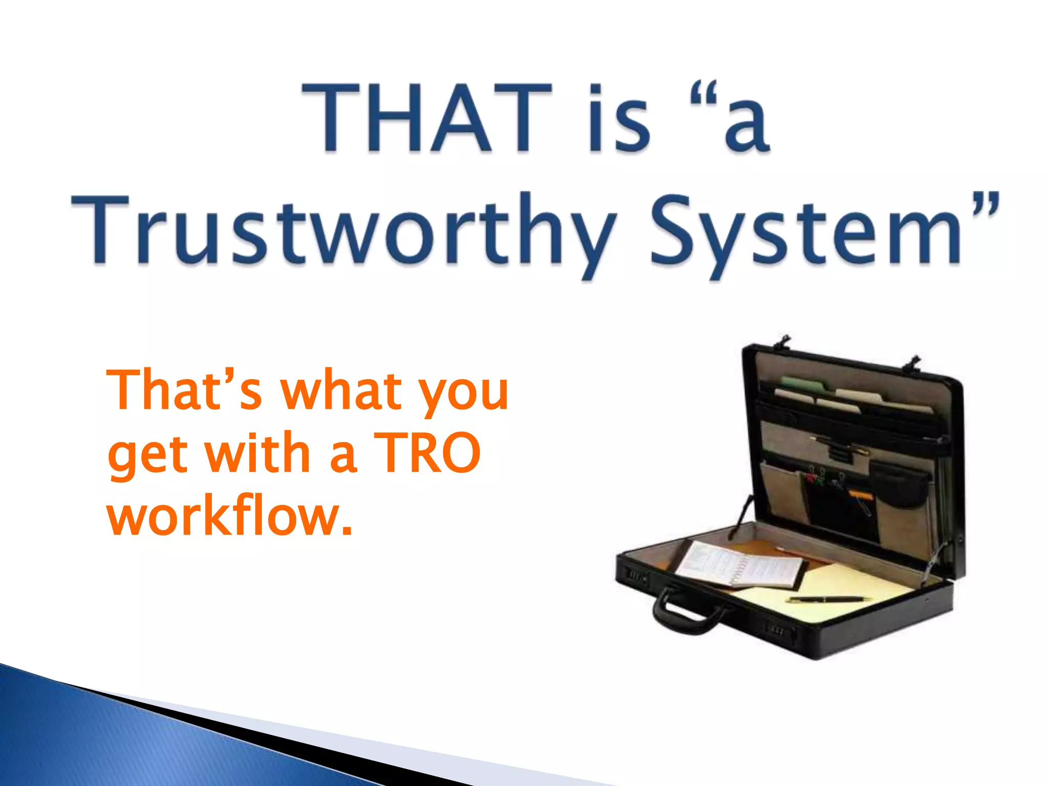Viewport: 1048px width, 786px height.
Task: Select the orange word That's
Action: pyautogui.click(x=184, y=390)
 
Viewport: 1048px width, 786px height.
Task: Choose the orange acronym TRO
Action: pyautogui.click(x=427, y=452)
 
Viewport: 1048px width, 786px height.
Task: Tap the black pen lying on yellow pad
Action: pyautogui.click(x=829, y=599)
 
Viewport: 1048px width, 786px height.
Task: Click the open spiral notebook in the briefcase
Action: pyautogui.click(x=737, y=565)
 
